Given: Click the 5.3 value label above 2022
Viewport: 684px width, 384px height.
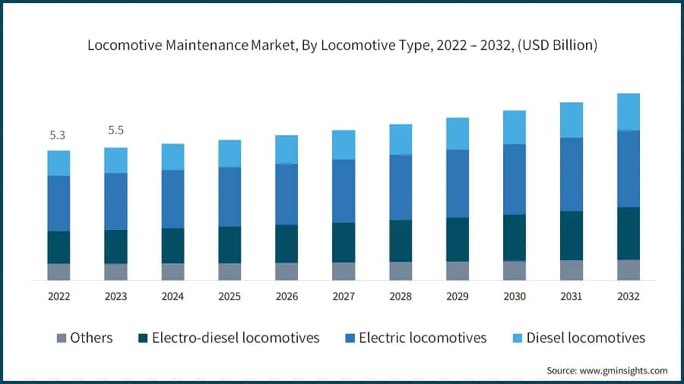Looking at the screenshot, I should point(58,135).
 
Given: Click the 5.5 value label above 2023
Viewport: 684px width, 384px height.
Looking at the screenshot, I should point(116,131).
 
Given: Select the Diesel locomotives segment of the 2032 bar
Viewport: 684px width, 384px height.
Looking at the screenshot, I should point(628,112).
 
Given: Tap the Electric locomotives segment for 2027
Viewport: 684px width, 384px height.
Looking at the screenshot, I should point(344,190).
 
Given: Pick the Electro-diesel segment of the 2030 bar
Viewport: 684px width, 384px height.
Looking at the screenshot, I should point(515,238).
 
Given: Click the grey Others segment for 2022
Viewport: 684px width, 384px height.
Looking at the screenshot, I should point(59,272).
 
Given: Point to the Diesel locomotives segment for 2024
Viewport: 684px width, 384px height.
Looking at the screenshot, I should point(173,156).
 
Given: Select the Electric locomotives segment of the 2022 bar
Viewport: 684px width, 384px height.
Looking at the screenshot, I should point(59,203).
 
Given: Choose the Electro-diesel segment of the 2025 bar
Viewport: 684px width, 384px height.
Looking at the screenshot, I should point(230,244).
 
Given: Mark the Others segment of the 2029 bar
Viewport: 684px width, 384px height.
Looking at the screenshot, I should point(458,271).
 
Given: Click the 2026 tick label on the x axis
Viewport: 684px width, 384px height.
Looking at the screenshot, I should point(287,297).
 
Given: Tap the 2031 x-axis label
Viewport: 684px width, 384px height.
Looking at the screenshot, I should point(571,297).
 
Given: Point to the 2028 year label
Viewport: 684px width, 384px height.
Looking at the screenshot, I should point(401,297).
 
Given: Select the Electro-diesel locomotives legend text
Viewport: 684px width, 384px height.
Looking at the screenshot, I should point(236,338).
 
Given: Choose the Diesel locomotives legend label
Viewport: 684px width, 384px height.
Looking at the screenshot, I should point(585,338).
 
